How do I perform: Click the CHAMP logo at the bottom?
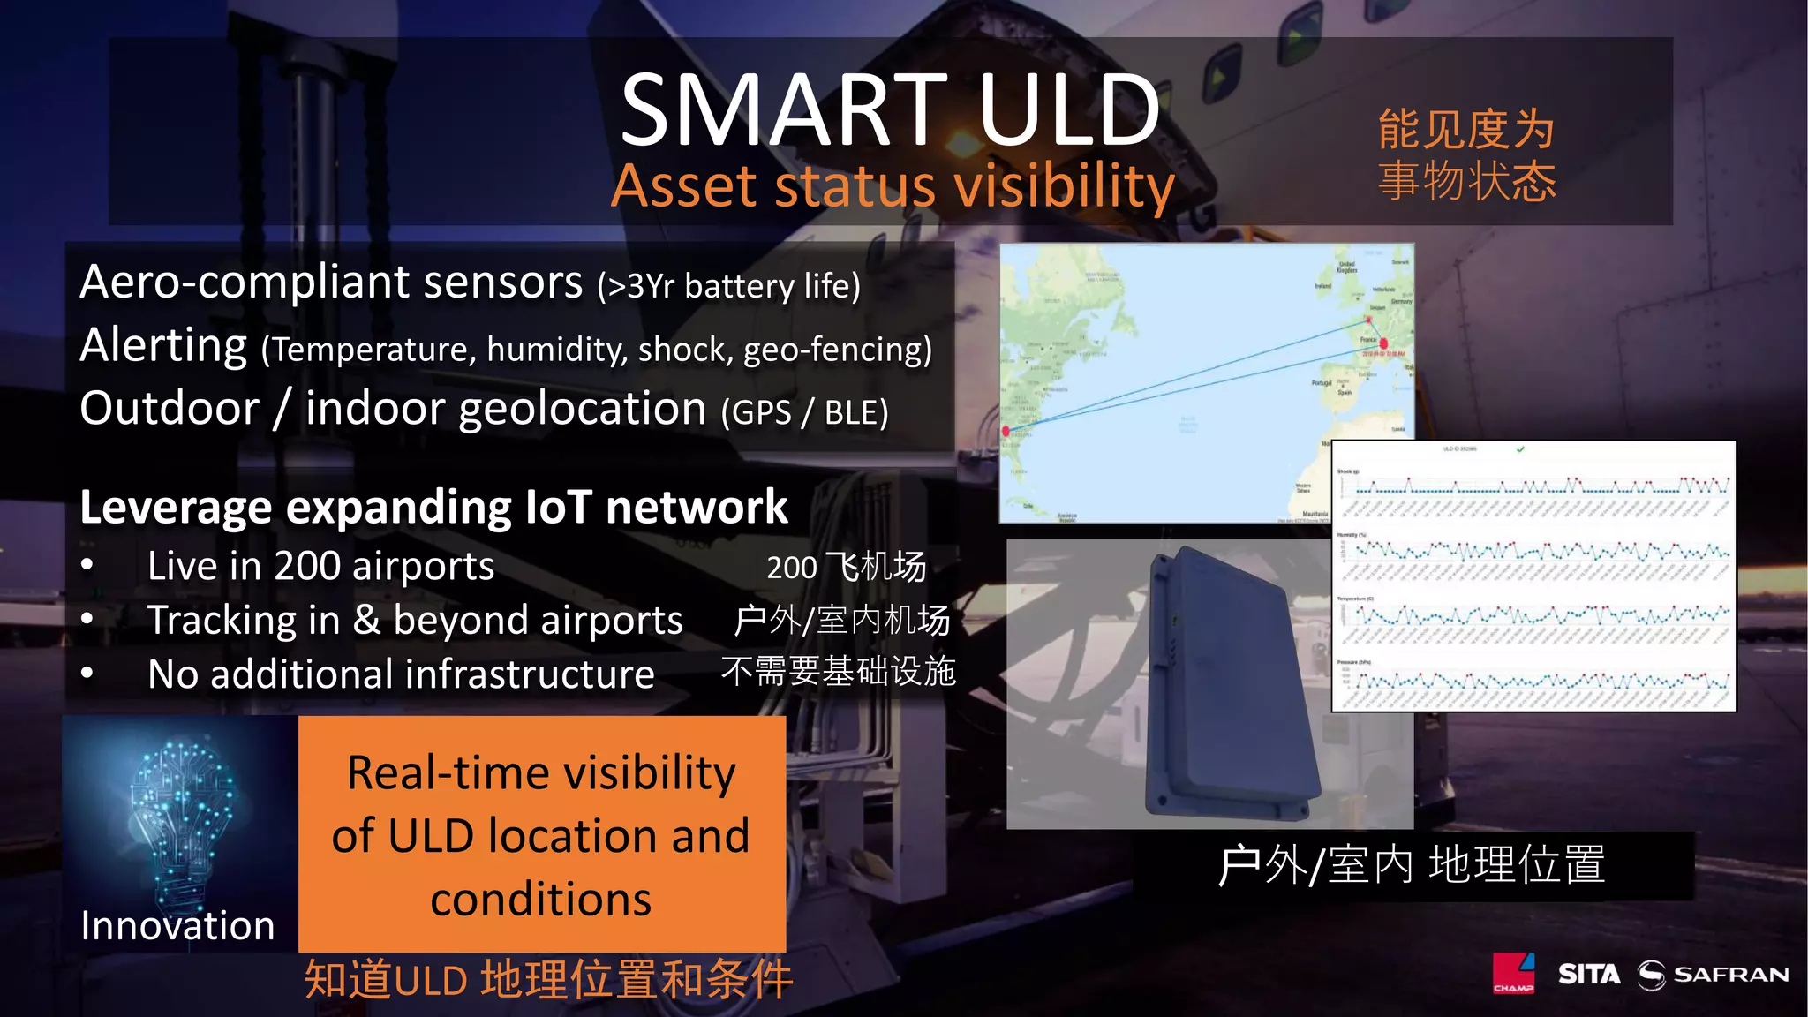coord(1513,974)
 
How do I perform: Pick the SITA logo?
coord(1588,975)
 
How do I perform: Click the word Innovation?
coord(177,926)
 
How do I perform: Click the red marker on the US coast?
coord(1006,431)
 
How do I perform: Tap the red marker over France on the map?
coord(1382,343)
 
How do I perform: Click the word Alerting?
coord(163,345)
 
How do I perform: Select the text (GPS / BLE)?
coord(804,412)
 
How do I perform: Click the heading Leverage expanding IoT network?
coord(433,508)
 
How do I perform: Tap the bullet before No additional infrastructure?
coord(87,674)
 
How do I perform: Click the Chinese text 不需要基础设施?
coord(838,672)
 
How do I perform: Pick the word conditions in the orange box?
coord(540,900)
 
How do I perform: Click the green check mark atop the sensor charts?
coord(1520,449)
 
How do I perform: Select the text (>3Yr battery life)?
coord(728,287)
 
